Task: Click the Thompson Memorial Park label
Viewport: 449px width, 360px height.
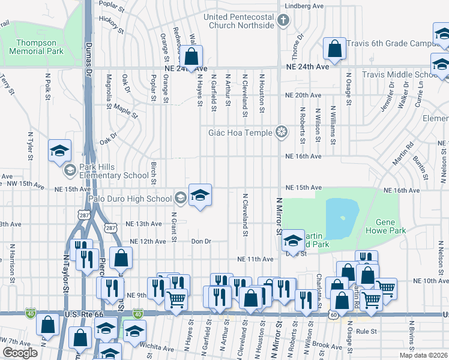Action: click(x=37, y=47)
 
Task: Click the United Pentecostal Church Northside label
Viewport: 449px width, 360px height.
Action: click(x=239, y=21)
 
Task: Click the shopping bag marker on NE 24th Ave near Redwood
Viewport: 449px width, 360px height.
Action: click(x=191, y=58)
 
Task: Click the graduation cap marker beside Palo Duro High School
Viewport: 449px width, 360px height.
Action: click(x=200, y=195)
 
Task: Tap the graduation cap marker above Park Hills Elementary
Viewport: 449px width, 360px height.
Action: click(x=59, y=151)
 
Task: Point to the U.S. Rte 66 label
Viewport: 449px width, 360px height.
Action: click(x=85, y=314)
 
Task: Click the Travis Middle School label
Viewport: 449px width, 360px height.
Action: click(x=400, y=75)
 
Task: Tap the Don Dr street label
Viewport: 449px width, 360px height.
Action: click(x=202, y=241)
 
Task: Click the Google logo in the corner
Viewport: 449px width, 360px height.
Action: click(x=20, y=353)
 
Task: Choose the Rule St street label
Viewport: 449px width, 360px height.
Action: click(x=366, y=331)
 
